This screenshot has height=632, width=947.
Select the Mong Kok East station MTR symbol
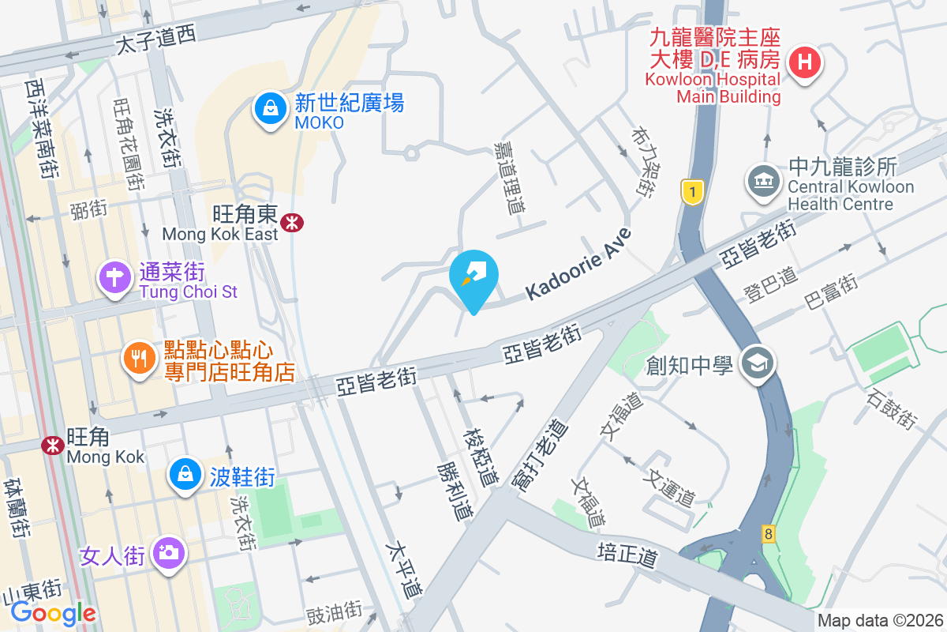coord(292,224)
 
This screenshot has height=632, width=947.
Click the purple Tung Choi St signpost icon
coord(115,278)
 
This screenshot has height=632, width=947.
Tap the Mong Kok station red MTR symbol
coord(53,446)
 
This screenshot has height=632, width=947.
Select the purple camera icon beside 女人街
coord(167,552)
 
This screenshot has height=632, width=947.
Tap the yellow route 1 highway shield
coord(692,192)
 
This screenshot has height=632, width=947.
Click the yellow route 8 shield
coord(769,534)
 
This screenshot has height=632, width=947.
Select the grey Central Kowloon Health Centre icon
coord(762,181)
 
